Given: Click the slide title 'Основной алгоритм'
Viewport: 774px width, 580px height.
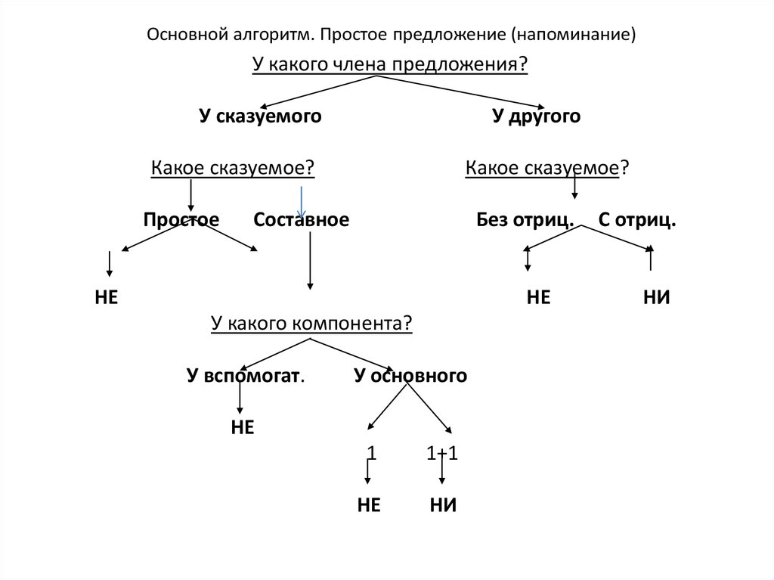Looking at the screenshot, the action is coord(230,35).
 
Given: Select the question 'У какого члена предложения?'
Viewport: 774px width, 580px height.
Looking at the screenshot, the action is coord(390,64).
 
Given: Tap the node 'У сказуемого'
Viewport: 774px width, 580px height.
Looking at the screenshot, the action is coord(260,116).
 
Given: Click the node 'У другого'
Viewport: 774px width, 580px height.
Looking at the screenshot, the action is coord(536,116).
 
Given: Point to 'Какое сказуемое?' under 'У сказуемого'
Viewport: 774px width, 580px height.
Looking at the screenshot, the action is coord(233,168).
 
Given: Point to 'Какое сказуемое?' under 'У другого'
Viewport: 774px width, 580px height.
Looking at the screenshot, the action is coord(547,168).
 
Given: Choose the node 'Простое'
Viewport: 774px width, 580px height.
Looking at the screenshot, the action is coord(181,219).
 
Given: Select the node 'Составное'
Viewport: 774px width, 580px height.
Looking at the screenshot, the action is coord(301,219).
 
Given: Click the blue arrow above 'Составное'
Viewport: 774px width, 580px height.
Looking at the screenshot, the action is coord(301,202).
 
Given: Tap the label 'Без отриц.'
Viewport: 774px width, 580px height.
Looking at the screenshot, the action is coord(525,219).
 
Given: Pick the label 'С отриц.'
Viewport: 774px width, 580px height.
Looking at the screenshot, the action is coord(636,219).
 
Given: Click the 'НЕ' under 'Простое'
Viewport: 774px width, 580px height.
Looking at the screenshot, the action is coord(106,297).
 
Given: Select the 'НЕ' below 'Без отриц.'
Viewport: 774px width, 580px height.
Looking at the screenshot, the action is coord(538,297).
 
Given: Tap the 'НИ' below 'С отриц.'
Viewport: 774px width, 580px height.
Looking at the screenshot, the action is coord(657,297).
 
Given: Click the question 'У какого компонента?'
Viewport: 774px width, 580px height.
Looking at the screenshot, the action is coord(311,323).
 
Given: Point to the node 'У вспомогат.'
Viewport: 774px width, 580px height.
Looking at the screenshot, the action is coord(246,376).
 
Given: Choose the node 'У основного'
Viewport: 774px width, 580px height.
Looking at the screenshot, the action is coord(410,376).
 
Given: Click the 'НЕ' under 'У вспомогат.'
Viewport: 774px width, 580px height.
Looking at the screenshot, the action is coord(243,427).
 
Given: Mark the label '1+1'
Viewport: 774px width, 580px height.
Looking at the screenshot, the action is coord(441,454).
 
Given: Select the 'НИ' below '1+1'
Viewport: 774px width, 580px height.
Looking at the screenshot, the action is coord(443,505).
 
